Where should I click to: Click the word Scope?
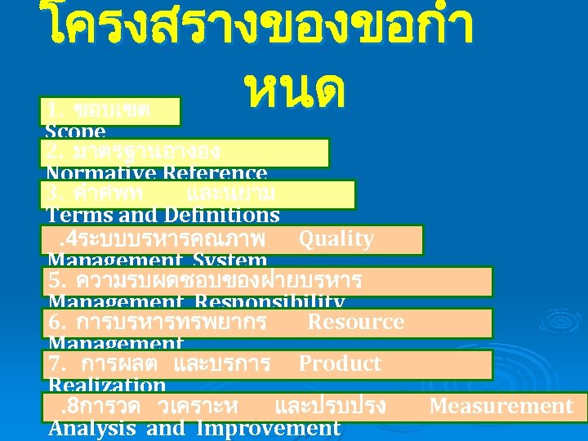point(76,131)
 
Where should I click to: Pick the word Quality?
point(336,238)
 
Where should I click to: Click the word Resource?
point(355,322)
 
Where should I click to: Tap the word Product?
point(340,363)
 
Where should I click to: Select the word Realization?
point(107,385)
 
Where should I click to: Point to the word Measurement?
point(501,406)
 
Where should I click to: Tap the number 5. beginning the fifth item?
point(57,280)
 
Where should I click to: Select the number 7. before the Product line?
point(57,363)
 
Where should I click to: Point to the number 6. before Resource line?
point(57,322)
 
